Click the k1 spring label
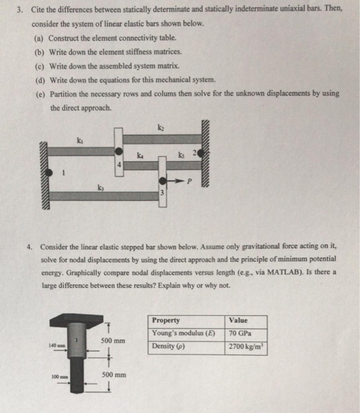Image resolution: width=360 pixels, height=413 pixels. pyautogui.click(x=80, y=140)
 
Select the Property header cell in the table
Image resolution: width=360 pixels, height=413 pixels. pyautogui.click(x=166, y=320)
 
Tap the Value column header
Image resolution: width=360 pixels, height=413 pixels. pyautogui.click(x=238, y=320)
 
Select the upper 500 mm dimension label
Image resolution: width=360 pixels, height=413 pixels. pyautogui.click(x=112, y=341)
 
